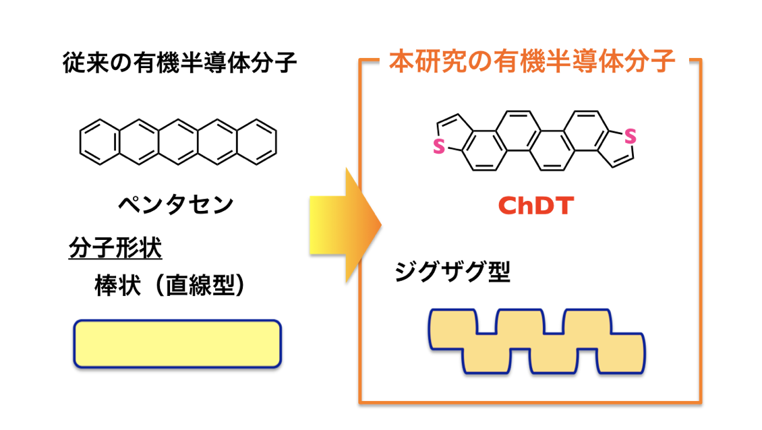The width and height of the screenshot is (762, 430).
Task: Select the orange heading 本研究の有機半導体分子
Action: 532,62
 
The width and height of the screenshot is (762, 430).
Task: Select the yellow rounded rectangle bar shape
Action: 177,344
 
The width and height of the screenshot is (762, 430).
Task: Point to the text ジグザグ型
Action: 452,273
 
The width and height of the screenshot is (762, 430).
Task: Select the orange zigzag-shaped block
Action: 537,341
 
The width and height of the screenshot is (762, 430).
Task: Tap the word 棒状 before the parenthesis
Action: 116,286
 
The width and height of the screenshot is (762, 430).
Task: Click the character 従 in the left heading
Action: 74,64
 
